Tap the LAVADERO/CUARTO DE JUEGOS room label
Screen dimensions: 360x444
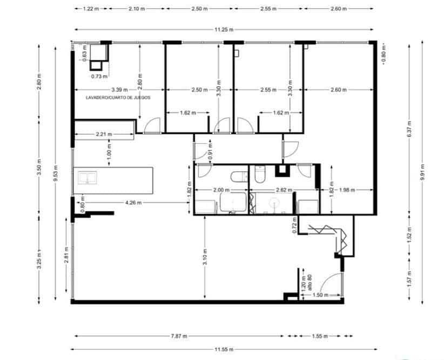pyautogui.click(x=118, y=98)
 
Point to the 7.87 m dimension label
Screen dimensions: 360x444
pyautogui.click(x=179, y=336)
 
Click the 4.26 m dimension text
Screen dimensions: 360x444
pyautogui.click(x=133, y=203)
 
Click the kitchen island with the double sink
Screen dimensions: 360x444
pyautogui.click(x=113, y=181)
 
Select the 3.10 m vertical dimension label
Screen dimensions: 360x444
pyautogui.click(x=205, y=255)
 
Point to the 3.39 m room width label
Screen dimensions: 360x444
pyautogui.click(x=119, y=90)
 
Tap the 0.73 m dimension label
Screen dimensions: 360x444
pyautogui.click(x=99, y=76)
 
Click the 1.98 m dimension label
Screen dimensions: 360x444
pyautogui.click(x=346, y=190)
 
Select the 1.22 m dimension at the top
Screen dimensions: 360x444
pyautogui.click(x=91, y=9)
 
